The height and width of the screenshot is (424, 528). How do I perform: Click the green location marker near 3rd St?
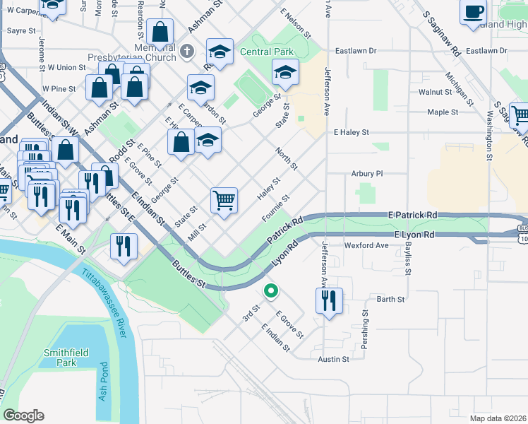coord(270,290)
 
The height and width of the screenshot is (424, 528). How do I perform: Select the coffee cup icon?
coord(474,13)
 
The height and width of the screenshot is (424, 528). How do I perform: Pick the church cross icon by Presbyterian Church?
coord(186,50)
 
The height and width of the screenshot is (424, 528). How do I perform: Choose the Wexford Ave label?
coord(366,245)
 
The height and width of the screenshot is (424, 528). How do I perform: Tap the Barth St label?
coord(390,299)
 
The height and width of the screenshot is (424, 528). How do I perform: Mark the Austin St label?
coord(333,359)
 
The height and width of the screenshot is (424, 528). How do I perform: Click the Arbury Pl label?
coord(366,173)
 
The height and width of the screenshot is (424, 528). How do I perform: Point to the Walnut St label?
coord(435,92)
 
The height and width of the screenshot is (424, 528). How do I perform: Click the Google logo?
coord(24,416)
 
